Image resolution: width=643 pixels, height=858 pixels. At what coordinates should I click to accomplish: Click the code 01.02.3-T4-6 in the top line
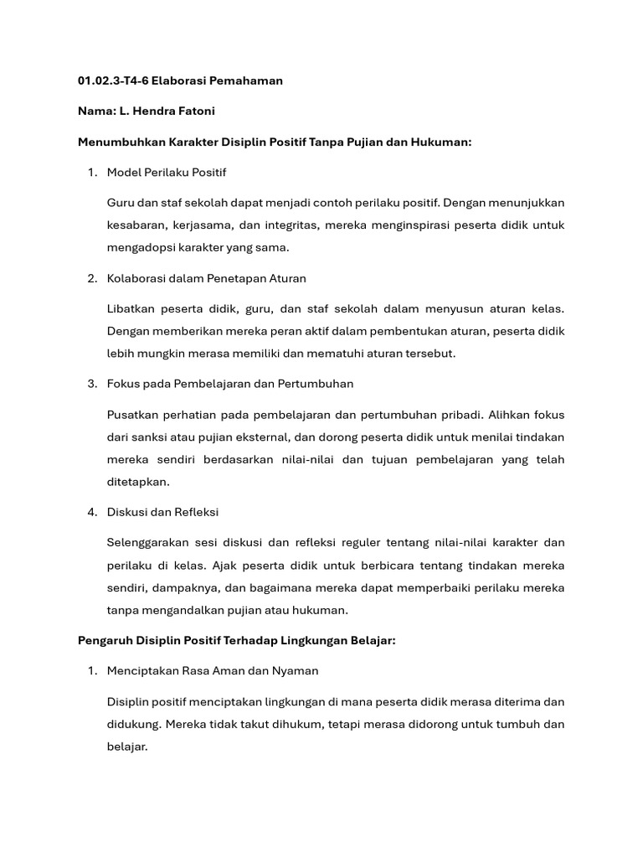112,81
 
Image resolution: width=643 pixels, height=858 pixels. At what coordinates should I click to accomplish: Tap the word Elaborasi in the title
179,81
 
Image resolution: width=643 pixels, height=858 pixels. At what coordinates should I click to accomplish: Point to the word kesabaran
136,225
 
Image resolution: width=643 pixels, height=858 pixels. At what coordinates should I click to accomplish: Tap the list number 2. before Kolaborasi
92,278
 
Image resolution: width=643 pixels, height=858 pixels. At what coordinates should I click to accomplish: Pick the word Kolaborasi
136,278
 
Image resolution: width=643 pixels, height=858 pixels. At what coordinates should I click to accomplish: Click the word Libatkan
131,309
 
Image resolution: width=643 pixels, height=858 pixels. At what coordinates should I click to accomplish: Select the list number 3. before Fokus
92,384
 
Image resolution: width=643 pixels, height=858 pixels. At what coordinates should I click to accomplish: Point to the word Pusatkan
133,415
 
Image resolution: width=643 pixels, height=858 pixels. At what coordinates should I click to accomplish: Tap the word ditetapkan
138,481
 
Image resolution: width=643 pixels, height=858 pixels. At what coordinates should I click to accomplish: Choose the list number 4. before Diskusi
92,512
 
